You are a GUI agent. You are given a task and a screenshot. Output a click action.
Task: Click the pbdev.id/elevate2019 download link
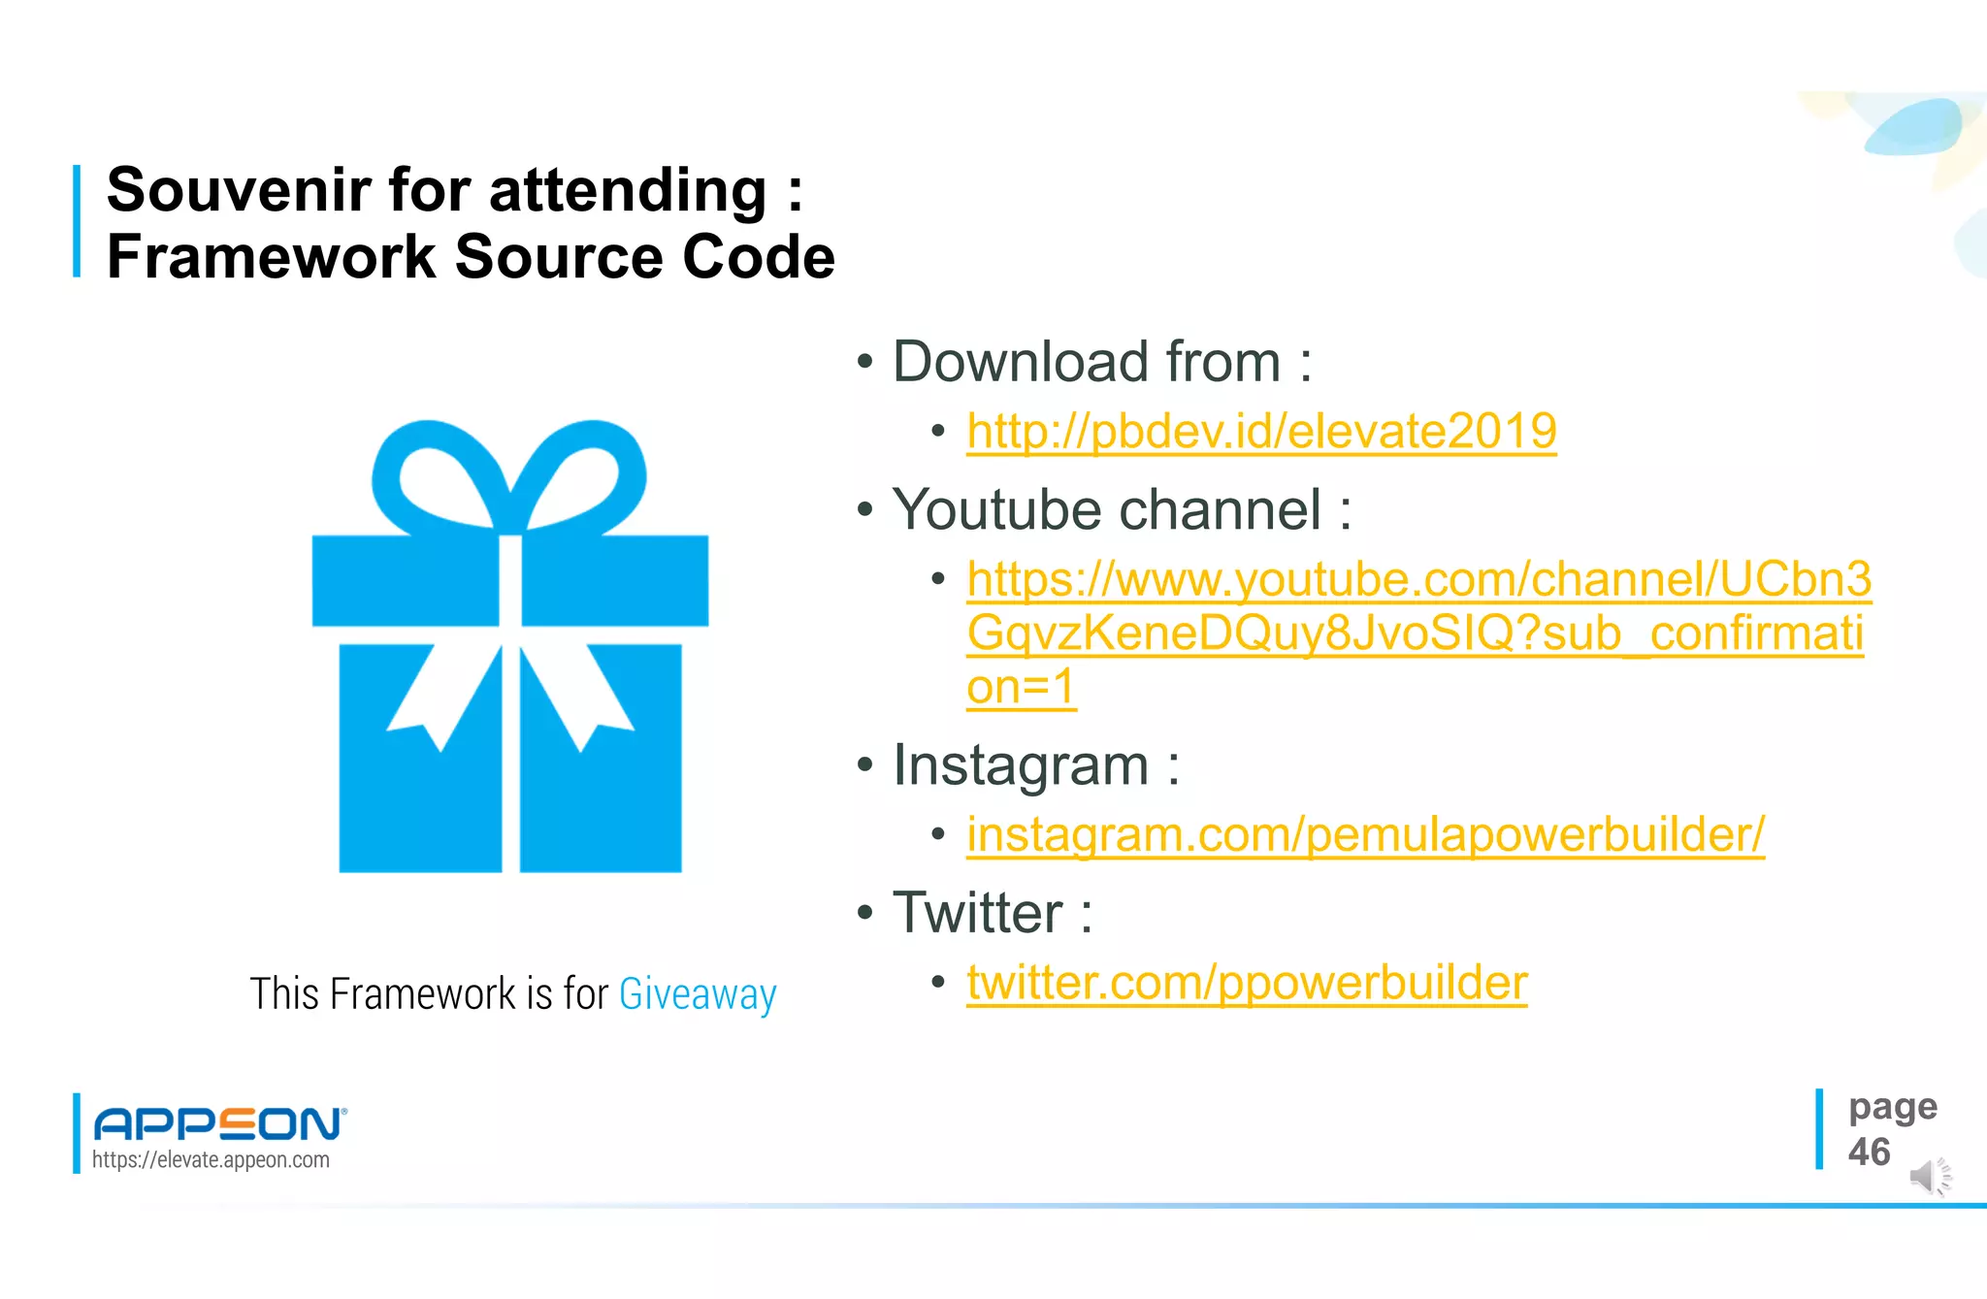[x=1261, y=432]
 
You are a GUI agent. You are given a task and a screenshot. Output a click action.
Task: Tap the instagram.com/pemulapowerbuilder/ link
[x=1365, y=835]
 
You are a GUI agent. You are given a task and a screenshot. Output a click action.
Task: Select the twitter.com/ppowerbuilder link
[x=1247, y=983]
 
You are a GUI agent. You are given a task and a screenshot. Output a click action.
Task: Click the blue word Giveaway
[x=698, y=994]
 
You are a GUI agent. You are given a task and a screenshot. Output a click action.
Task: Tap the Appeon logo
[x=219, y=1123]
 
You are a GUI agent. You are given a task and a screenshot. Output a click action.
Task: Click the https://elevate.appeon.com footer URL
[x=211, y=1160]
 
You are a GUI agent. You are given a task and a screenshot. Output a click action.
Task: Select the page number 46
[x=1869, y=1153]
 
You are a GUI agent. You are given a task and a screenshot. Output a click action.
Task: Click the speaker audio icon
[x=1929, y=1177]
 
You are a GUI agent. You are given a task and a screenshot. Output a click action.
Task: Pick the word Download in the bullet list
[x=1019, y=362]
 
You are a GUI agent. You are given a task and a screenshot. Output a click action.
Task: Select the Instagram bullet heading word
[x=1021, y=765]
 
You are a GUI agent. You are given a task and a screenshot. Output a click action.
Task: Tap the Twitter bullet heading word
[x=977, y=913]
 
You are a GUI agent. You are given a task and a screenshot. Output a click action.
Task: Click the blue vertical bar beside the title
[x=77, y=221]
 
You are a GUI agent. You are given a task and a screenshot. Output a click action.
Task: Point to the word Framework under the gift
[x=423, y=994]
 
